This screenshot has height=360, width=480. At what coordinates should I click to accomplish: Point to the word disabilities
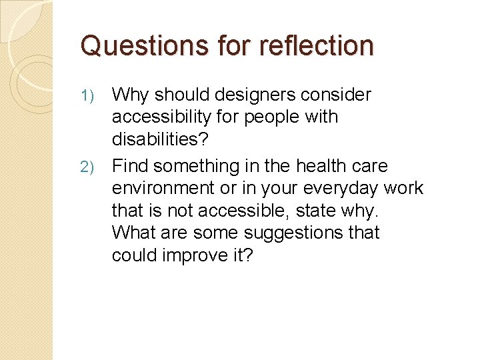pyautogui.click(x=159, y=139)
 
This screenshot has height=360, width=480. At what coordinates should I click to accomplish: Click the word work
pyautogui.click(x=403, y=189)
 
